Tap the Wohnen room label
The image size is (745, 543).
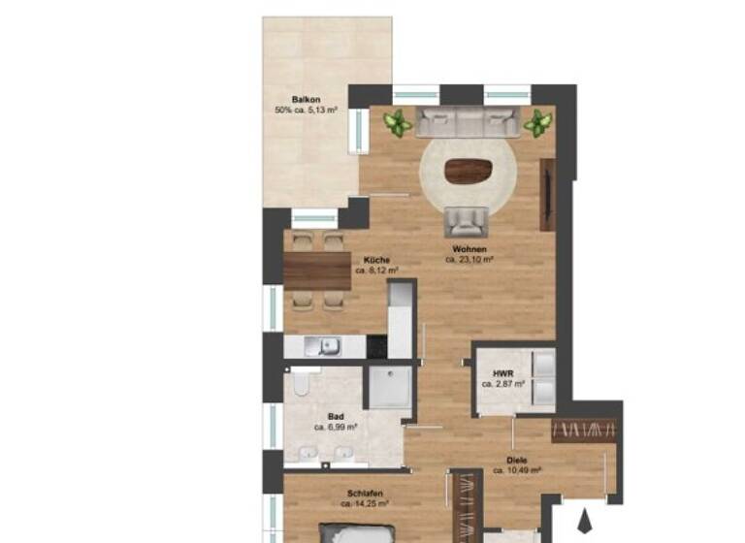[470, 249]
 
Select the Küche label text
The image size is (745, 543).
[377, 260]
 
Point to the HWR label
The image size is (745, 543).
[502, 372]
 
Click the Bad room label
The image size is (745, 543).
[336, 415]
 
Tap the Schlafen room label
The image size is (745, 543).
[364, 493]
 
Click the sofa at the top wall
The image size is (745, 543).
[469, 122]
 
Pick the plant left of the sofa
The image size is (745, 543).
[396, 123]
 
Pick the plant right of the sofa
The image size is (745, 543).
[537, 123]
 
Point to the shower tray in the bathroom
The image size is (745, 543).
[387, 389]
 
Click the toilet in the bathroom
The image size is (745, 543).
[301, 389]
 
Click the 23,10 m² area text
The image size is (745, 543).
[470, 260]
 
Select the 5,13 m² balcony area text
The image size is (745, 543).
[306, 110]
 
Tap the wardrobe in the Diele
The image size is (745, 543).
[585, 430]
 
